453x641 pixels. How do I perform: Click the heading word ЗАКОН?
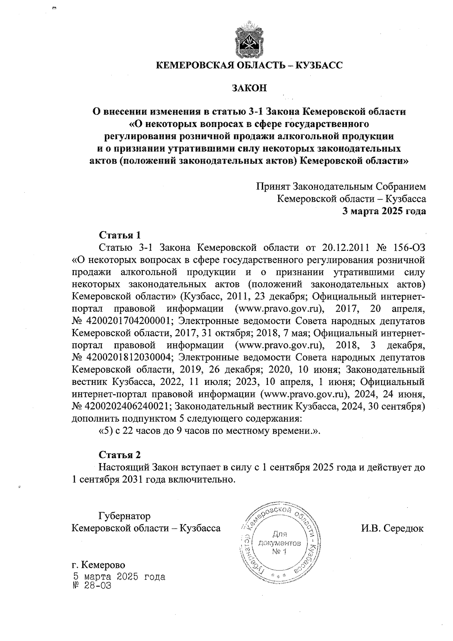click(x=249, y=88)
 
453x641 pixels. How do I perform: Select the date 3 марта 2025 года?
click(x=384, y=211)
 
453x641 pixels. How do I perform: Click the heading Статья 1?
click(x=120, y=235)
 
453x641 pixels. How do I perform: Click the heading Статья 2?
click(x=120, y=454)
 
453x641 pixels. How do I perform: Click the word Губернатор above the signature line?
click(x=124, y=516)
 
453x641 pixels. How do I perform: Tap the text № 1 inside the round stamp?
click(x=279, y=553)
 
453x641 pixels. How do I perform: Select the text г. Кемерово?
click(x=98, y=565)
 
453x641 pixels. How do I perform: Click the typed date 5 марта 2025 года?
click(x=119, y=577)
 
